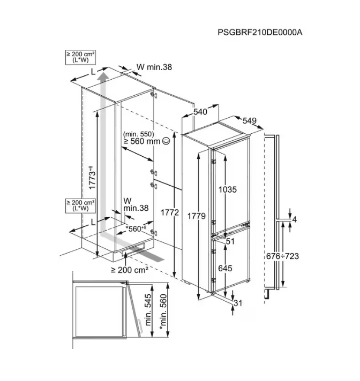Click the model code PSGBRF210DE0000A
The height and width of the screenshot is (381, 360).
click(260, 32)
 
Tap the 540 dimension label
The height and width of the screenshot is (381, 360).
click(200, 112)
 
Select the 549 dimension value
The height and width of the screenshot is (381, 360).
click(249, 120)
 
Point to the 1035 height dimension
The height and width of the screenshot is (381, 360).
click(228, 189)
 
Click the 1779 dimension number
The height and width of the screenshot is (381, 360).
click(196, 216)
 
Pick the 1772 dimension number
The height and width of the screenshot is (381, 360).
click(170, 212)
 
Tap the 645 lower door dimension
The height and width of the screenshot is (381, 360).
click(225, 268)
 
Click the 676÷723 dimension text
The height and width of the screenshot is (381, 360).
click(282, 256)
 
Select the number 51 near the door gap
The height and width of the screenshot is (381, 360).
click(230, 241)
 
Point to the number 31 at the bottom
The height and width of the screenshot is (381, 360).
click(238, 303)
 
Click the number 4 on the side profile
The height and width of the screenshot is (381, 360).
click(295, 219)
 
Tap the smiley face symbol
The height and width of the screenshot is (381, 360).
click(166, 141)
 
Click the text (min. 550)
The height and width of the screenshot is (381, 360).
click(139, 134)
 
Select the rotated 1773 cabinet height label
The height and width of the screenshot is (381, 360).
click(92, 177)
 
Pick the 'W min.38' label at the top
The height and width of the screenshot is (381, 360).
click(154, 67)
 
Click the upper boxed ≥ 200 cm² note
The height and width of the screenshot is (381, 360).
click(80, 57)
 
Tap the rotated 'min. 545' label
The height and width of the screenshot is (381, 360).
click(148, 310)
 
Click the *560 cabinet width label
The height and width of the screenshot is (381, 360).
click(136, 228)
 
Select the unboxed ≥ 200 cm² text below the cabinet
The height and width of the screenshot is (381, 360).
click(130, 270)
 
